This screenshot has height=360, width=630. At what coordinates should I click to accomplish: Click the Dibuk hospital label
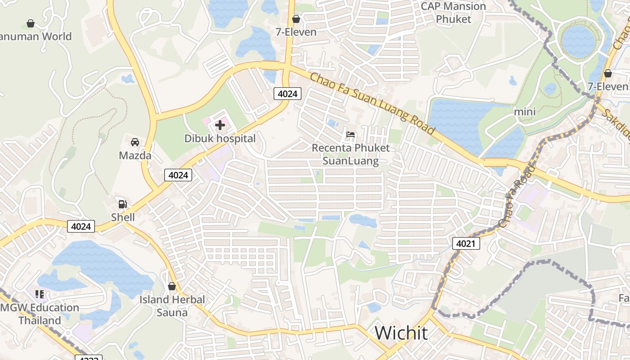[220, 139]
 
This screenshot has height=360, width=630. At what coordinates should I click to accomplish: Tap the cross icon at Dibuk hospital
[220, 125]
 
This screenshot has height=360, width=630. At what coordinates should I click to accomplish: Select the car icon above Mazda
[135, 142]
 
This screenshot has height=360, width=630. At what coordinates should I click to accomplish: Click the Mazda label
[135, 156]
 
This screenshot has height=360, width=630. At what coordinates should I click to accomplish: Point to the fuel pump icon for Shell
[122, 204]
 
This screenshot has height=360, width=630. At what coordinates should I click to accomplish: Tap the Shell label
[123, 217]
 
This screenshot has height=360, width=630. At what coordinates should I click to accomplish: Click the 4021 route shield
[466, 243]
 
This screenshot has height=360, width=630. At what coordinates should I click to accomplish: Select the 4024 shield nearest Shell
[81, 226]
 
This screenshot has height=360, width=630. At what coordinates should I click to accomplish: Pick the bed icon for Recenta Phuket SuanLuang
[351, 134]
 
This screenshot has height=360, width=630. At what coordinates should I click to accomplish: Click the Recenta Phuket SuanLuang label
[351, 154]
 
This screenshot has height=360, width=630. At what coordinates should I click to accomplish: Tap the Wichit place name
[401, 333]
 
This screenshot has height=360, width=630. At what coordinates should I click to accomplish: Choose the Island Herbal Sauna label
[172, 306]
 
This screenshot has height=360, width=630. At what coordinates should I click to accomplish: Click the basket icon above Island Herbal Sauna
[171, 286]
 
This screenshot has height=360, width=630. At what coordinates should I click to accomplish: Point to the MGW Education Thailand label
[40, 314]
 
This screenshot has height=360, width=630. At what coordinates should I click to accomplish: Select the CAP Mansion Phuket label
[453, 13]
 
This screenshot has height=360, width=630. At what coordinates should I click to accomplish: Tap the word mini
[525, 111]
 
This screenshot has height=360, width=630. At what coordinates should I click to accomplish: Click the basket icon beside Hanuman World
[31, 23]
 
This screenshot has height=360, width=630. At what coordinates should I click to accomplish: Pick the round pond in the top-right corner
[578, 41]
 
